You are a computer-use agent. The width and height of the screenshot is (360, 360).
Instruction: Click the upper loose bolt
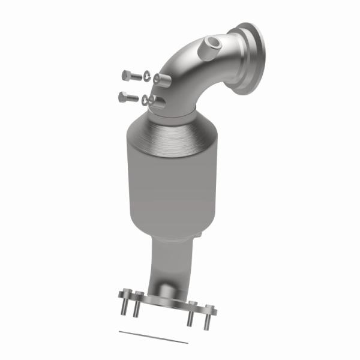(x=130, y=75)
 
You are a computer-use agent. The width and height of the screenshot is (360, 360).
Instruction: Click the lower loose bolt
(x=128, y=96)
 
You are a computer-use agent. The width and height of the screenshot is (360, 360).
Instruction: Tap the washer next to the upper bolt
(x=145, y=76)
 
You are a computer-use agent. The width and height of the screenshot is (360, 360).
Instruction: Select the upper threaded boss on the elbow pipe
(x=157, y=79)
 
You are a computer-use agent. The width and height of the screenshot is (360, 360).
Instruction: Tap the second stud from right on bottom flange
(x=190, y=317)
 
